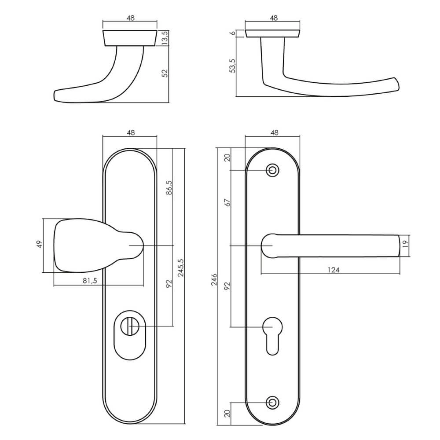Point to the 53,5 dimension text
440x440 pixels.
click(x=233, y=66)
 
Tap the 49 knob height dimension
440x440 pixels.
click(x=39, y=245)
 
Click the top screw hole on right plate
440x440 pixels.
click(x=273, y=170)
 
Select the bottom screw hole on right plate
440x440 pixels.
click(x=273, y=402)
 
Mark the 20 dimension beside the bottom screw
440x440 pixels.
click(x=227, y=414)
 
